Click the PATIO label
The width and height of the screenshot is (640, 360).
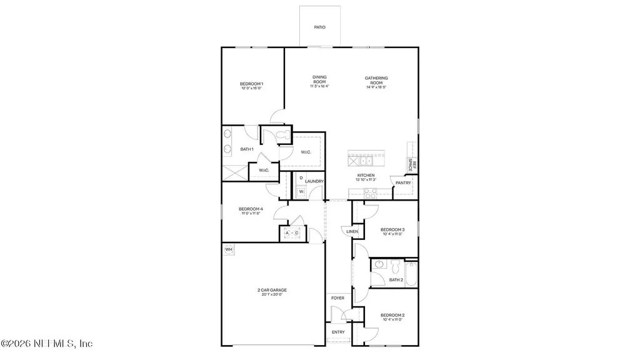[320, 27]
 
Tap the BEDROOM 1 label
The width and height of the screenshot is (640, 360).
[251, 84]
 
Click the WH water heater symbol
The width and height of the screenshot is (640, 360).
[228, 249]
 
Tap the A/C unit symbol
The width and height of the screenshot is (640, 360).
[292, 233]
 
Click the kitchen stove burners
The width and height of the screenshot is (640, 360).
[370, 193]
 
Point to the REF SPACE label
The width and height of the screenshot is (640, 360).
[412, 166]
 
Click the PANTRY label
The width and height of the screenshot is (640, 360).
[404, 182]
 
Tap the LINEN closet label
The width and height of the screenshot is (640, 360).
[352, 232]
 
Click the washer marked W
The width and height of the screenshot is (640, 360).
[301, 191]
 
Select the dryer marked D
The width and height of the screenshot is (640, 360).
[301, 178]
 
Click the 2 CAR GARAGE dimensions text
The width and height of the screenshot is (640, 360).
[272, 294]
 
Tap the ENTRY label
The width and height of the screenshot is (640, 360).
[337, 332]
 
